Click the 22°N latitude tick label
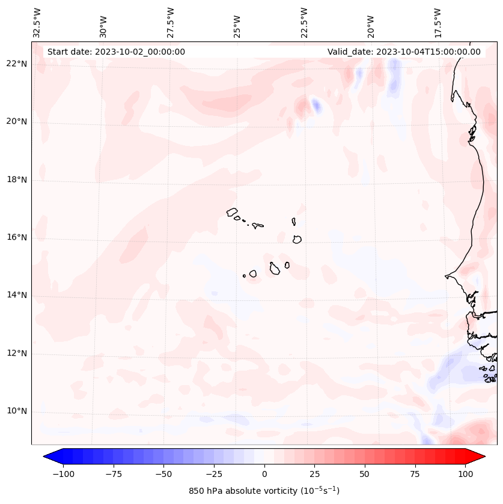(x=17, y=64)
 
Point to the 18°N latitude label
(x=17, y=180)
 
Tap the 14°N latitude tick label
(x=17, y=295)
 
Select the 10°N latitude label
(x=17, y=411)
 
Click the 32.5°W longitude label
(x=37, y=22)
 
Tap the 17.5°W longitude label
(x=437, y=22)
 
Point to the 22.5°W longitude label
(x=304, y=22)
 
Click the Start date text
(x=116, y=52)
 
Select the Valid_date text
(x=404, y=52)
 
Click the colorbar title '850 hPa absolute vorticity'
(x=264, y=491)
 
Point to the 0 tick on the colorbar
(x=264, y=474)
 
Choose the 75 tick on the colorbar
(x=415, y=474)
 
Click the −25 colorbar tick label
(x=214, y=474)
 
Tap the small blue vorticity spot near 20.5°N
(x=316, y=106)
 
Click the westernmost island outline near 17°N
(x=233, y=212)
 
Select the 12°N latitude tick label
(x=17, y=353)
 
